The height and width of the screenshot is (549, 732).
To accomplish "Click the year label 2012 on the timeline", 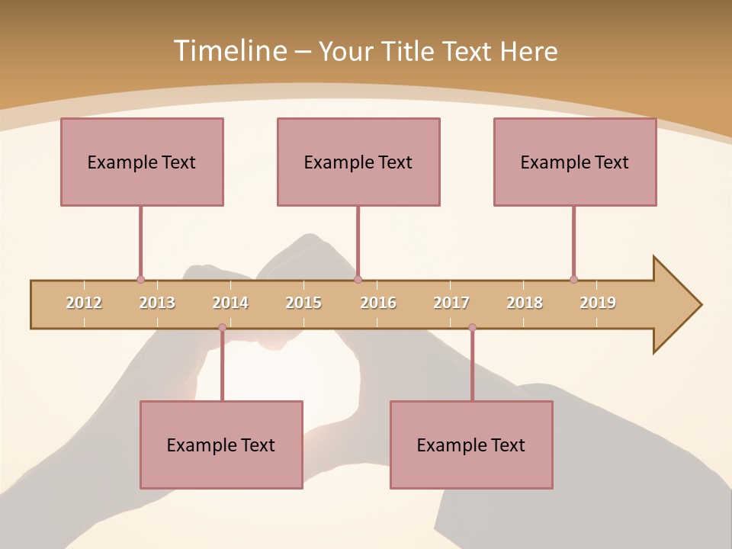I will coord(84,303).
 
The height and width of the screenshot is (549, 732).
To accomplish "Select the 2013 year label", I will coord(157,303).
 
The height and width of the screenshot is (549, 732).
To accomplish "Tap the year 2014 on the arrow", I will coord(230,303).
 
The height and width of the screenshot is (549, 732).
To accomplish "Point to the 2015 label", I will coord(303,303).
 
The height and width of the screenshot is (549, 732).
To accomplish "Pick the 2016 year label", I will coord(378,303).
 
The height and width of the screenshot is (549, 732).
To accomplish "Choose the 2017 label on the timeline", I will coord(451,303).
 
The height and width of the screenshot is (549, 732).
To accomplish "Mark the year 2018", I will coord(525,303).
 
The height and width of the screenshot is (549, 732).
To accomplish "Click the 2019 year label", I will coord(598,303).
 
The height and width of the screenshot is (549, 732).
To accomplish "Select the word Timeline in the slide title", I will coord(229,51).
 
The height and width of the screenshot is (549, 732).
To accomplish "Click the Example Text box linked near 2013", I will coord(142,162).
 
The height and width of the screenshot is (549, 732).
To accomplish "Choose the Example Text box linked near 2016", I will coord(358,162).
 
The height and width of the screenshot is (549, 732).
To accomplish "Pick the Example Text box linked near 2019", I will coord(575,162).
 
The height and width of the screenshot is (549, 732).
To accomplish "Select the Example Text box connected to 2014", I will coord(221,445).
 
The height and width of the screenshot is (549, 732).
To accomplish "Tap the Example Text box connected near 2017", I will coord(471,445).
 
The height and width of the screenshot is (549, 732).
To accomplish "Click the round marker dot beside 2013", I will coord(140,279).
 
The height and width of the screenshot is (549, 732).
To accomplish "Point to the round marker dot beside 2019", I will coord(573,279).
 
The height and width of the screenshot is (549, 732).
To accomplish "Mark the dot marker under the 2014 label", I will coord(222,328).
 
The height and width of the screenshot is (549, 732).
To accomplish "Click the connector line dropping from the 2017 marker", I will coord(472,366).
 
